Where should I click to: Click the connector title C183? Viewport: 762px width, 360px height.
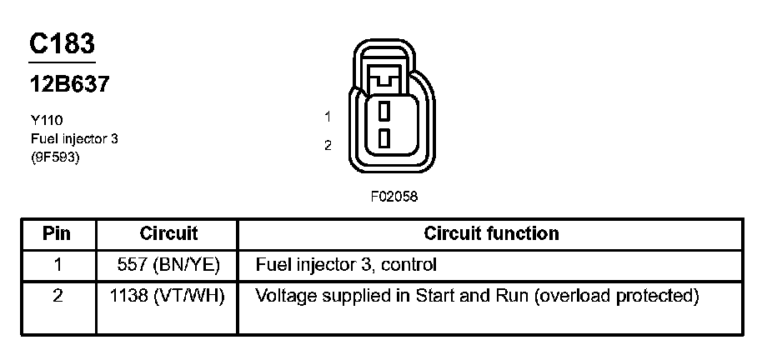63,43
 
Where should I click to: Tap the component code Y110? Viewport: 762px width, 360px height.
46,120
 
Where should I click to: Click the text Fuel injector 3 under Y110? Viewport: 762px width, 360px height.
73,138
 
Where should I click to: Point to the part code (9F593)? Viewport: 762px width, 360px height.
54,157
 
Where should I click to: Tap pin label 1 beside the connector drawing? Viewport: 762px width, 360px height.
328,117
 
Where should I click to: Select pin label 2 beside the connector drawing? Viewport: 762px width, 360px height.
328,145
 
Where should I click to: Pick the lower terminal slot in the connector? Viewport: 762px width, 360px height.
384,137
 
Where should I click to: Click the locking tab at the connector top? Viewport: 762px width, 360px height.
384,77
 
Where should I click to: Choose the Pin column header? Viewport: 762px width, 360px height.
58,234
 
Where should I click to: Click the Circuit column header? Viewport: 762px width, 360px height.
168,234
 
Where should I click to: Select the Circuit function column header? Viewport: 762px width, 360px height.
491,234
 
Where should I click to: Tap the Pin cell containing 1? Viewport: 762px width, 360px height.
58,265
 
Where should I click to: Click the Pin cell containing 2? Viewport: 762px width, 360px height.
58,296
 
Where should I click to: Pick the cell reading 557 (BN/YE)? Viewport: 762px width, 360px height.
169,265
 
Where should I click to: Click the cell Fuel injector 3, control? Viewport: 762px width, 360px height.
346,265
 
